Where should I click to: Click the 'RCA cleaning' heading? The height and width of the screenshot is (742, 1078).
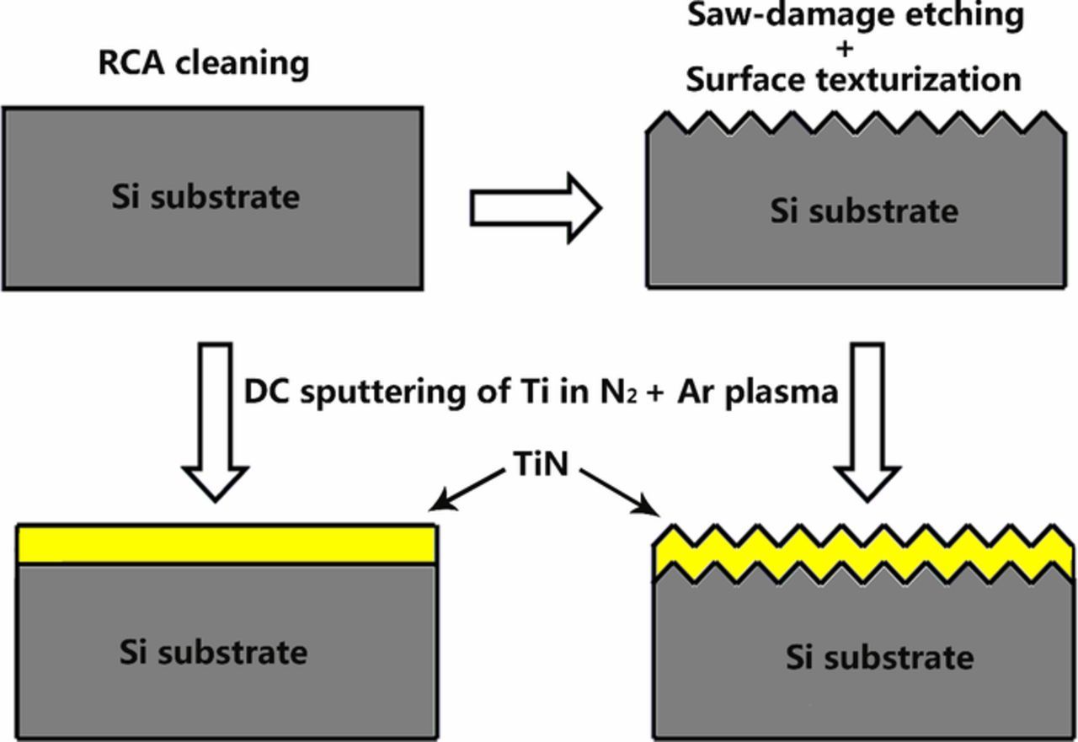[204, 63]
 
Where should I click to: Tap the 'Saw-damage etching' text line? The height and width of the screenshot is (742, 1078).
[856, 16]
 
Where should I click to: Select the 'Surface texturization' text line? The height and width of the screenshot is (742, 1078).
[853, 79]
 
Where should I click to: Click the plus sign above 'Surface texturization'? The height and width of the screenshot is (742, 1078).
[845, 48]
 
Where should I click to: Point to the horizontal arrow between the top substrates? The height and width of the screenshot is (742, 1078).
[536, 208]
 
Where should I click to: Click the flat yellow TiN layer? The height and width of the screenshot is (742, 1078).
[227, 544]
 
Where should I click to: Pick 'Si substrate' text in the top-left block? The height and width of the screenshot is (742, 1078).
[205, 197]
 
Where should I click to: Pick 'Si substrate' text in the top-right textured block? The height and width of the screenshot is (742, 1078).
[864, 211]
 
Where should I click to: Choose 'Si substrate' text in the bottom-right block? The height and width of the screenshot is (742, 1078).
[880, 657]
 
